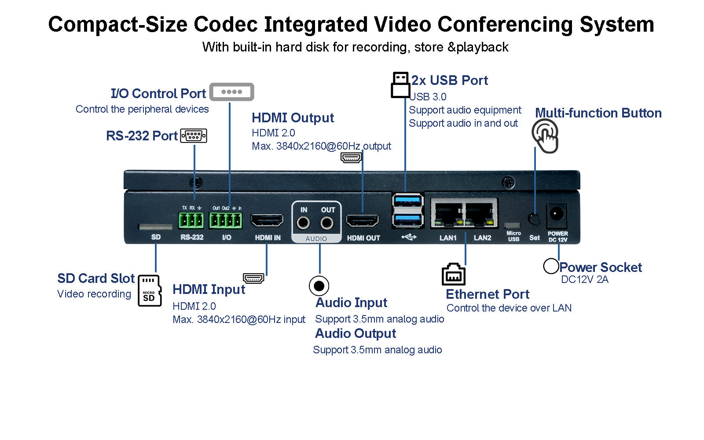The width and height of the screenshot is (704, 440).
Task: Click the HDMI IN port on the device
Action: pyautogui.click(x=267, y=220)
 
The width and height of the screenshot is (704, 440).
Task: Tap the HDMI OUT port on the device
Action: pyautogui.click(x=362, y=220)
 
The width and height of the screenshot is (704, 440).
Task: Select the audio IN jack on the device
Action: pyautogui.click(x=303, y=223)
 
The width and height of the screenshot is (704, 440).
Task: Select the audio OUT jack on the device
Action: pyautogui.click(x=327, y=223)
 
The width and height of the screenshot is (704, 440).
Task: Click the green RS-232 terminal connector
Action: pyautogui.click(x=191, y=220)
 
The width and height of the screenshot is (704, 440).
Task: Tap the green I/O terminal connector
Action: pyautogui.click(x=225, y=220)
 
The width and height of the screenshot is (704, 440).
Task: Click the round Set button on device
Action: pyautogui.click(x=534, y=219)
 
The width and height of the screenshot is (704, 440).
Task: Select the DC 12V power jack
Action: pyautogui.click(x=556, y=215)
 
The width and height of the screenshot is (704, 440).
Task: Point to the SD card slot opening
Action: pyautogui.click(x=155, y=227)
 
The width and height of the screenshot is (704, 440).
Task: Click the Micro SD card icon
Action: pyautogui.click(x=150, y=290)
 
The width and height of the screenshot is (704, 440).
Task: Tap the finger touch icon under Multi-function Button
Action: pyautogui.click(x=546, y=136)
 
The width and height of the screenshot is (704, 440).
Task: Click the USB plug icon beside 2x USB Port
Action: pyautogui.click(x=400, y=85)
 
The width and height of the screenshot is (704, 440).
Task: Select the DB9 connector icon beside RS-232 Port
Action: pyautogui.click(x=194, y=136)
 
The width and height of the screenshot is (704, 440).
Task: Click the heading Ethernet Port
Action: pyautogui.click(x=488, y=294)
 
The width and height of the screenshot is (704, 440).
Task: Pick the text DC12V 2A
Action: pyautogui.click(x=584, y=279)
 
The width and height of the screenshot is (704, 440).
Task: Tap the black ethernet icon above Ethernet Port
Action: pyautogui.click(x=453, y=274)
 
